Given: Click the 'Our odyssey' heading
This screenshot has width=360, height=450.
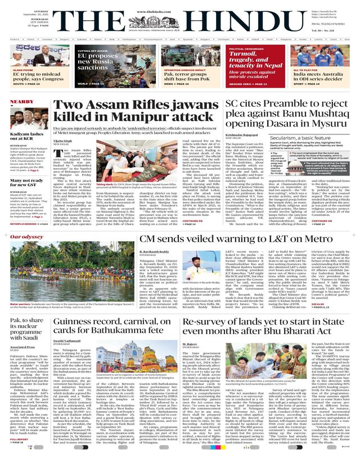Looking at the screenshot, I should (x=19, y=237).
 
